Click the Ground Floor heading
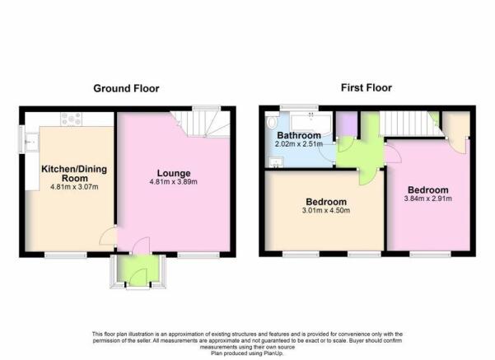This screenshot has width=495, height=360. coord(126,88)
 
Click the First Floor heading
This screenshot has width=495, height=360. coord(367,87)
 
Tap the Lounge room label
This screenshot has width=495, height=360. coord(174,173)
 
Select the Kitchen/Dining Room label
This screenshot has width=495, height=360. coord(74,173)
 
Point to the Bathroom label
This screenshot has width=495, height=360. coord(299,135)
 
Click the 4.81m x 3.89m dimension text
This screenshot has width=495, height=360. coord(173,182)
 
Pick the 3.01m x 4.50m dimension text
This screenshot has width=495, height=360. coord(326,210)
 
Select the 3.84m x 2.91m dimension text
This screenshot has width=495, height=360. coord(427,199)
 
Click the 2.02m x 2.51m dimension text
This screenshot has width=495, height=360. coord(299,144)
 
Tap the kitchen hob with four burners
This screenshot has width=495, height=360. coord(72,119)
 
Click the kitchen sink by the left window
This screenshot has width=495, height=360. coord(31,143)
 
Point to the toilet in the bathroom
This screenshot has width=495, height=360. coord(271,122)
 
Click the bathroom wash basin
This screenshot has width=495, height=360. coord(276,162)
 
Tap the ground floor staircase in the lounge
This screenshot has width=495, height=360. coord(201,124)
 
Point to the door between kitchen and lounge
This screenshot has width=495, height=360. coord(108,236)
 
